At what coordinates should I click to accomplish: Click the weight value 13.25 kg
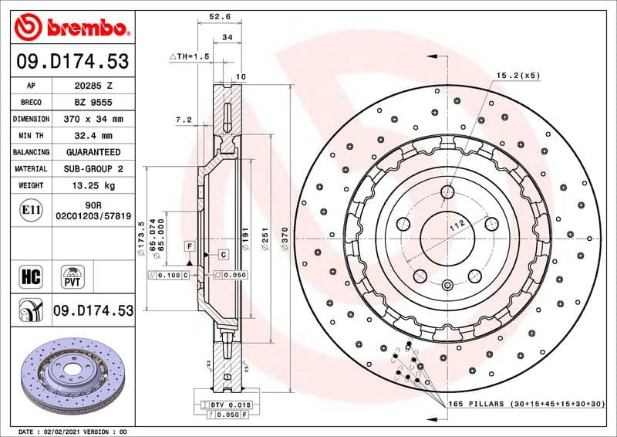(93, 185)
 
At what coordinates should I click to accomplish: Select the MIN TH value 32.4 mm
(93, 135)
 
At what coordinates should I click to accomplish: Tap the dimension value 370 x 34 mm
(93, 119)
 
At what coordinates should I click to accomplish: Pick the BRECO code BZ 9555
(93, 102)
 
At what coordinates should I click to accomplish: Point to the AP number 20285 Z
(93, 86)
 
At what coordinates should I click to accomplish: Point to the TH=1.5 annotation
(190, 57)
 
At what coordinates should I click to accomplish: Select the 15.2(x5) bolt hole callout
(518, 75)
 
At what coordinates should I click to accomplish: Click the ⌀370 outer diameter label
(285, 235)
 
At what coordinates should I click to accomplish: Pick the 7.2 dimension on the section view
(183, 120)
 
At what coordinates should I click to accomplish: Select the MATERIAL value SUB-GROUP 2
(93, 168)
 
